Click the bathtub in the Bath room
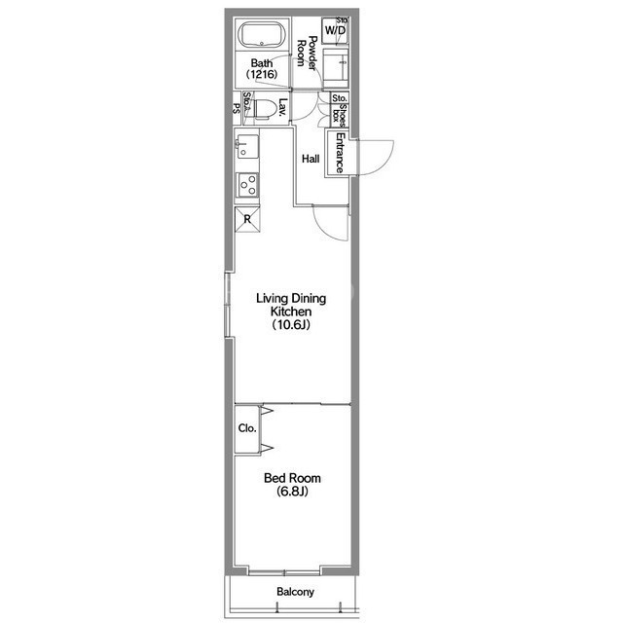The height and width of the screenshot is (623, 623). click(x=262, y=35)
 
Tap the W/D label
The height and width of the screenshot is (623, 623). click(x=335, y=30)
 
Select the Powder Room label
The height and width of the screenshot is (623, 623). click(x=308, y=54)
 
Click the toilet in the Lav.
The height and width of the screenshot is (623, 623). click(x=265, y=108)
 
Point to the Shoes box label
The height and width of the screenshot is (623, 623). click(x=340, y=113)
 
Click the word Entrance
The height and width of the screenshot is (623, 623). click(x=340, y=153)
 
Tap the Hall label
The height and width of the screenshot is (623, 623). click(x=311, y=159)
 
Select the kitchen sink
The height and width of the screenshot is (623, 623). click(x=247, y=147)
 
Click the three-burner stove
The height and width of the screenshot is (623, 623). click(x=247, y=185)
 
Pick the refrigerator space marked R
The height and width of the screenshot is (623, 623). click(x=247, y=219)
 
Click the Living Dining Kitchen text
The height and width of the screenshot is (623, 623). click(x=291, y=305)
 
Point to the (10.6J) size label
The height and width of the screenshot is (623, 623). click(x=291, y=325)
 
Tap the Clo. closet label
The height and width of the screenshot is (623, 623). click(x=247, y=428)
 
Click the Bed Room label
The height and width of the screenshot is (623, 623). click(x=292, y=478)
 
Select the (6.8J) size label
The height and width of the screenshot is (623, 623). click(x=292, y=492)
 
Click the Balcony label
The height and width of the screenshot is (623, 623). click(x=295, y=592)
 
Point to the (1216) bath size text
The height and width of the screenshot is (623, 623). click(x=262, y=74)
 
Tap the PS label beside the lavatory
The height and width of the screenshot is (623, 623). click(x=237, y=108)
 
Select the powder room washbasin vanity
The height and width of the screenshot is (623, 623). click(x=335, y=68)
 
